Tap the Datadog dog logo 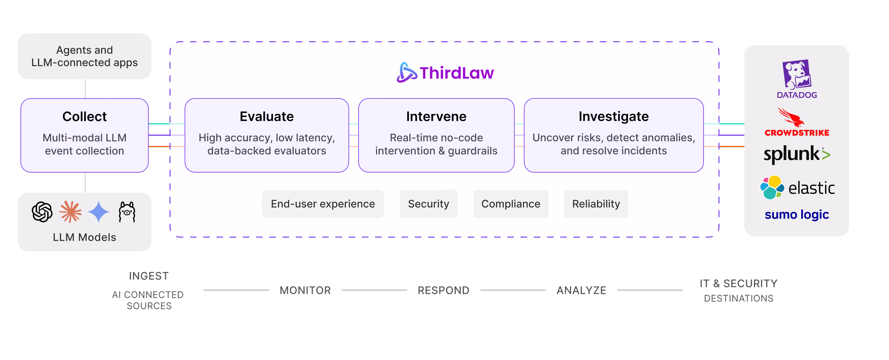click(x=796, y=74)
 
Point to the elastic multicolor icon click(x=772, y=187)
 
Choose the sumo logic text click(x=796, y=215)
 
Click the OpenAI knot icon click(x=42, y=212)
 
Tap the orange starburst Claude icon click(x=70, y=212)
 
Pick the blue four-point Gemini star click(x=99, y=212)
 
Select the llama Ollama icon click(x=127, y=212)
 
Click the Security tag click(x=429, y=204)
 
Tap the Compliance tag click(x=511, y=204)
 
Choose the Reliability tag click(x=596, y=204)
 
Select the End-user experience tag click(x=323, y=204)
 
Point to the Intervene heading click(x=436, y=117)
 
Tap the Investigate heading click(x=614, y=117)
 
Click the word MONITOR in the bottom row click(x=305, y=290)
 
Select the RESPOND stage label click(x=443, y=290)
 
